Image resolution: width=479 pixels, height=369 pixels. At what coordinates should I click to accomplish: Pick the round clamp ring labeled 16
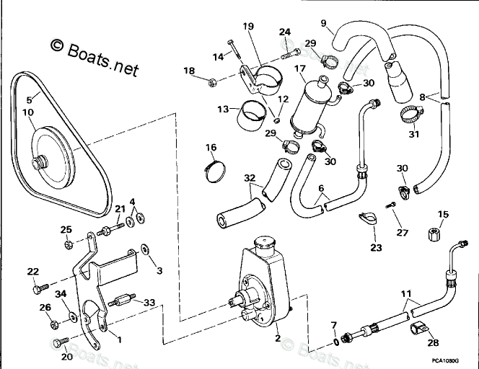coord(212,170)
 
